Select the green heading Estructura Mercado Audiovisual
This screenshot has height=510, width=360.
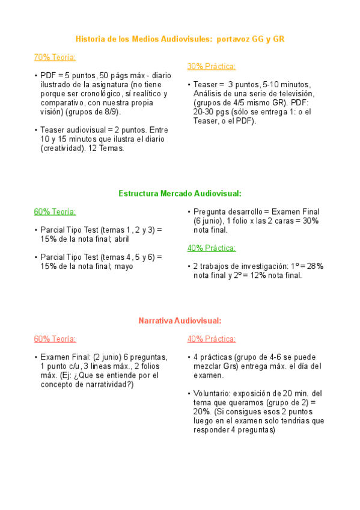[x=180, y=193]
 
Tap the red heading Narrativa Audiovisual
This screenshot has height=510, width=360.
[x=180, y=321]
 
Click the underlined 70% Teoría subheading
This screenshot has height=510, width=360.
[x=55, y=58]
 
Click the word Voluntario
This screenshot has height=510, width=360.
[x=214, y=393]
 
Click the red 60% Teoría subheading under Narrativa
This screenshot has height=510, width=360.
[x=55, y=339]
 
